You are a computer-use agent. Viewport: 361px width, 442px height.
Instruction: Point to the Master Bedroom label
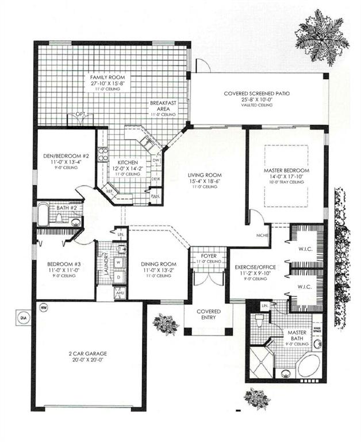(286, 171)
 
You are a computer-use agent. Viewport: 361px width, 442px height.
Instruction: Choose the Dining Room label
(156, 265)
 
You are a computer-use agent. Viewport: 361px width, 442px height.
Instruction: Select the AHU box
(120, 292)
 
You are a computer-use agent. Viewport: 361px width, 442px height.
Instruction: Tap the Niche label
(262, 235)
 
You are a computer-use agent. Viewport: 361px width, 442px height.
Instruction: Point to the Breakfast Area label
(163, 106)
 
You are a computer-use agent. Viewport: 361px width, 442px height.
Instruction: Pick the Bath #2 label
(59, 207)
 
